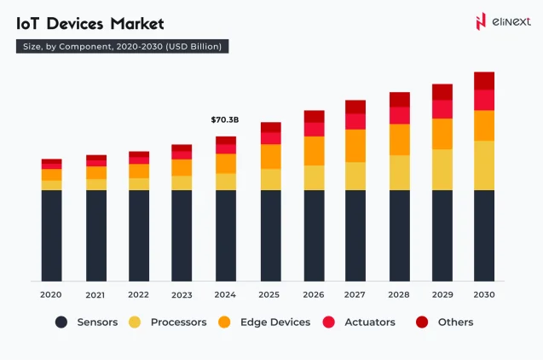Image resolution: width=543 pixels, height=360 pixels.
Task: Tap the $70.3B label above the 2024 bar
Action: click(225, 120)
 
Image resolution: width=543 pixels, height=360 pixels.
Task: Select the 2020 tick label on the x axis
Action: click(51, 294)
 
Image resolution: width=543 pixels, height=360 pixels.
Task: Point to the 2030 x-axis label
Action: click(484, 294)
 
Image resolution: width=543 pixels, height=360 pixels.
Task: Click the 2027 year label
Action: click(355, 294)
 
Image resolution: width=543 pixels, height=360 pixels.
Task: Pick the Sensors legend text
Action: click(97, 322)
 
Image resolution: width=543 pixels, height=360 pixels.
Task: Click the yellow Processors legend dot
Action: click(135, 322)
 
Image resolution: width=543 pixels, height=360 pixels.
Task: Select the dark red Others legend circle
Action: click(421, 322)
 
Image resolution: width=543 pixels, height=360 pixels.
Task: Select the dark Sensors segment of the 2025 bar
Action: click(270, 235)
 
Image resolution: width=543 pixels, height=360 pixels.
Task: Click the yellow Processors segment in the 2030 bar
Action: click(484, 165)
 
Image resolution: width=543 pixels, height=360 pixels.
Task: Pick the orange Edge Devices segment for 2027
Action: click(355, 145)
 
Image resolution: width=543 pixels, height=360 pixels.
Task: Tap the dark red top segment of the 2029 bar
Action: click(442, 91)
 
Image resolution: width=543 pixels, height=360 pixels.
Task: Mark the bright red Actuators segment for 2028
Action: click(399, 115)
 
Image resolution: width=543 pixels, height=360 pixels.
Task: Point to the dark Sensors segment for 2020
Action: click(51, 235)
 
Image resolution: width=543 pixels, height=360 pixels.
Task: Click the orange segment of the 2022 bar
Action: click(138, 171)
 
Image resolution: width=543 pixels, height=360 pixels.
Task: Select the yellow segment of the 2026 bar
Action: click(314, 177)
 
